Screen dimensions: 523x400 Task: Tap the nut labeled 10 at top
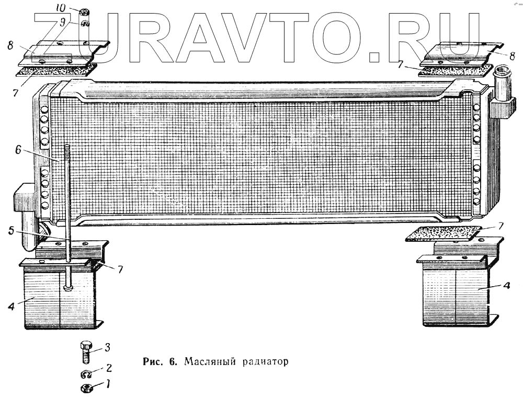click(x=85, y=11)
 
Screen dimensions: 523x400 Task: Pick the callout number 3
click(x=107, y=347)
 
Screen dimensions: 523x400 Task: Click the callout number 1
click(x=107, y=385)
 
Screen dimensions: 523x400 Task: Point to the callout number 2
click(x=108, y=367)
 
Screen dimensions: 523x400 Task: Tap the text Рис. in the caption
click(x=154, y=361)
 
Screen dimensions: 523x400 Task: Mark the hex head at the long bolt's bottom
click(x=68, y=287)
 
